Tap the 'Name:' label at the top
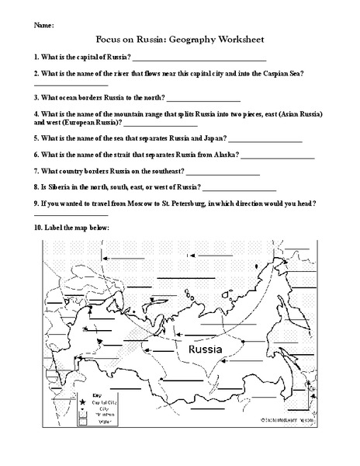tap(44, 25)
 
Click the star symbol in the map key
tap(82, 402)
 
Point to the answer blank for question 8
tap(240, 190)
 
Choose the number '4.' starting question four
tap(37, 114)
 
